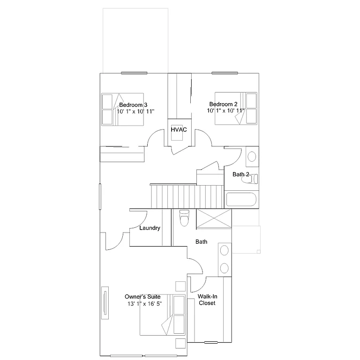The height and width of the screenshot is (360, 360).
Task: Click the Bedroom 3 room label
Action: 133,105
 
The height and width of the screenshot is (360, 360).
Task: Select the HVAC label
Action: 179,129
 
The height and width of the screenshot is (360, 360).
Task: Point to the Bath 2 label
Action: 240,174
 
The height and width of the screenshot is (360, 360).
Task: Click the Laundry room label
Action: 150,228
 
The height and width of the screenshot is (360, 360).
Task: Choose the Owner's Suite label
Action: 142,297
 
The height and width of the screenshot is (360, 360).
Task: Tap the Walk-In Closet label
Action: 207,300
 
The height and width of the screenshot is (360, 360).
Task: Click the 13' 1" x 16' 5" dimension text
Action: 144,304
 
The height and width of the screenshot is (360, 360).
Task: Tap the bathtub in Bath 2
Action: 241,199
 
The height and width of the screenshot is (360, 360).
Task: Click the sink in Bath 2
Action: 252,157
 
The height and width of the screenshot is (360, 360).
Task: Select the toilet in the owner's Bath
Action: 184,217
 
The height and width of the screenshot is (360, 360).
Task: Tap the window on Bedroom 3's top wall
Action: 135,73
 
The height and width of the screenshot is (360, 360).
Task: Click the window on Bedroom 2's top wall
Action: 225,73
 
